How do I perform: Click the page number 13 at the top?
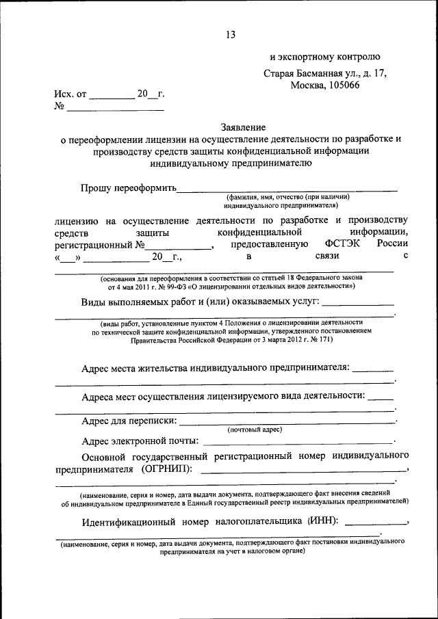coord(230,35)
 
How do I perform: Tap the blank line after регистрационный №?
coord(181,248)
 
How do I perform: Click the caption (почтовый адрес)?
coord(255,430)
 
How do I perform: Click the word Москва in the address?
coord(307,85)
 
